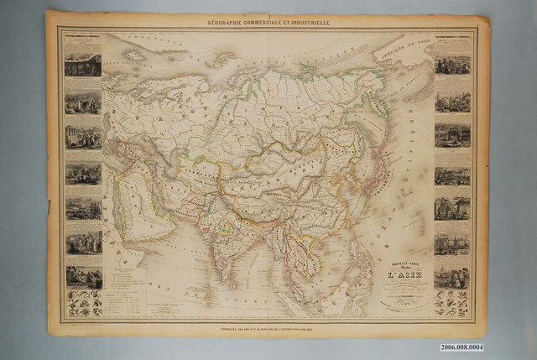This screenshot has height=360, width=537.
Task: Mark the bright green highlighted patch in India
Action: point(222,224)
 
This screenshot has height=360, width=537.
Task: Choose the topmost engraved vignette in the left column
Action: point(83,64)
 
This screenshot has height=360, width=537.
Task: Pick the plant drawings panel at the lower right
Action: point(451,303)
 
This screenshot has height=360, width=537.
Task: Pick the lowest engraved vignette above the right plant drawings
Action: point(451,274)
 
